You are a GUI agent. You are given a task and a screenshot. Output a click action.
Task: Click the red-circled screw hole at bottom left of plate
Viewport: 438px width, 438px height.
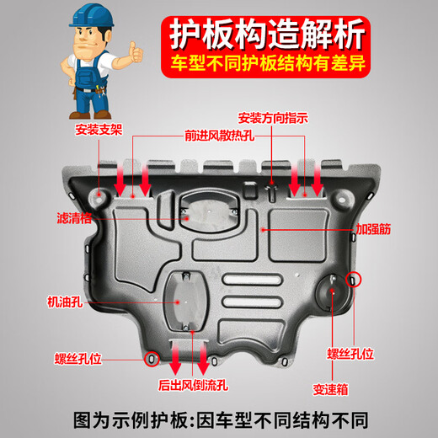(x=152, y=360)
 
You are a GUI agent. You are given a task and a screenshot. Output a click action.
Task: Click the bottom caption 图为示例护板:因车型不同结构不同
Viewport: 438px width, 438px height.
(x=219, y=417)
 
